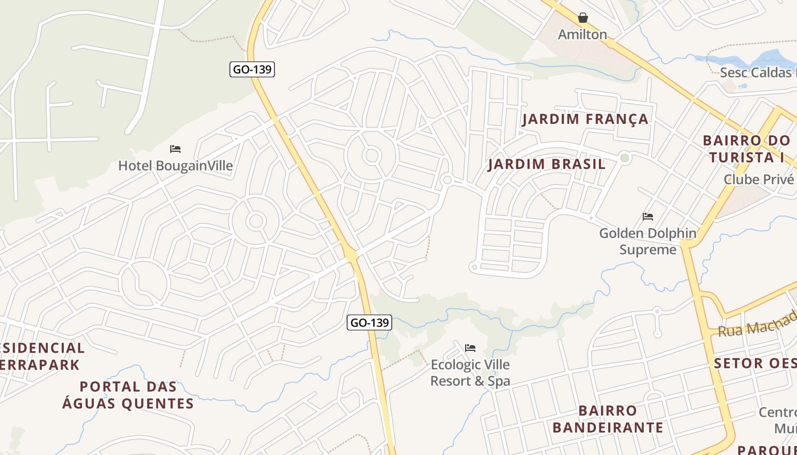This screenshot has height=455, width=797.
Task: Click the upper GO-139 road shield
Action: (x=252, y=69)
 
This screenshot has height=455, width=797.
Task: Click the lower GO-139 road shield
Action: (x=369, y=322)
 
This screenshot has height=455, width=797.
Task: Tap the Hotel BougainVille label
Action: (x=175, y=166)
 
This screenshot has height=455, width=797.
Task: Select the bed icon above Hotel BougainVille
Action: (x=175, y=149)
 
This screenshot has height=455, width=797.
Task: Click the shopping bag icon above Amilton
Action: (x=582, y=18)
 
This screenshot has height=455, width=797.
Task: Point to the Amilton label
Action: (x=582, y=35)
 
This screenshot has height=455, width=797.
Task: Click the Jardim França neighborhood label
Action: (x=585, y=119)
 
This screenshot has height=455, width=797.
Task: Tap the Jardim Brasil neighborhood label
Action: (x=547, y=164)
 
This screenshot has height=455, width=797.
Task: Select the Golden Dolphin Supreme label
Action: (x=648, y=241)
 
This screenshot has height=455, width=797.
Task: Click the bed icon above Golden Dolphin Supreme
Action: (x=648, y=217)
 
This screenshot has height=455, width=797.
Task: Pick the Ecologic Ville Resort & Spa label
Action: (x=470, y=373)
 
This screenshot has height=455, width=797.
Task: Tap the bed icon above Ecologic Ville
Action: (x=470, y=348)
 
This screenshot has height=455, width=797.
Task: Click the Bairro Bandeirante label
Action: (x=608, y=419)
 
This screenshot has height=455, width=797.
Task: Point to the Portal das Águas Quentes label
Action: (x=128, y=395)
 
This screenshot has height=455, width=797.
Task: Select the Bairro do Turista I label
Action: (x=747, y=148)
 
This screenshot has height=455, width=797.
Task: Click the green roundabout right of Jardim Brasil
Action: (x=625, y=158)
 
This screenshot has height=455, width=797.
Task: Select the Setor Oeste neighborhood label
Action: (x=755, y=363)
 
